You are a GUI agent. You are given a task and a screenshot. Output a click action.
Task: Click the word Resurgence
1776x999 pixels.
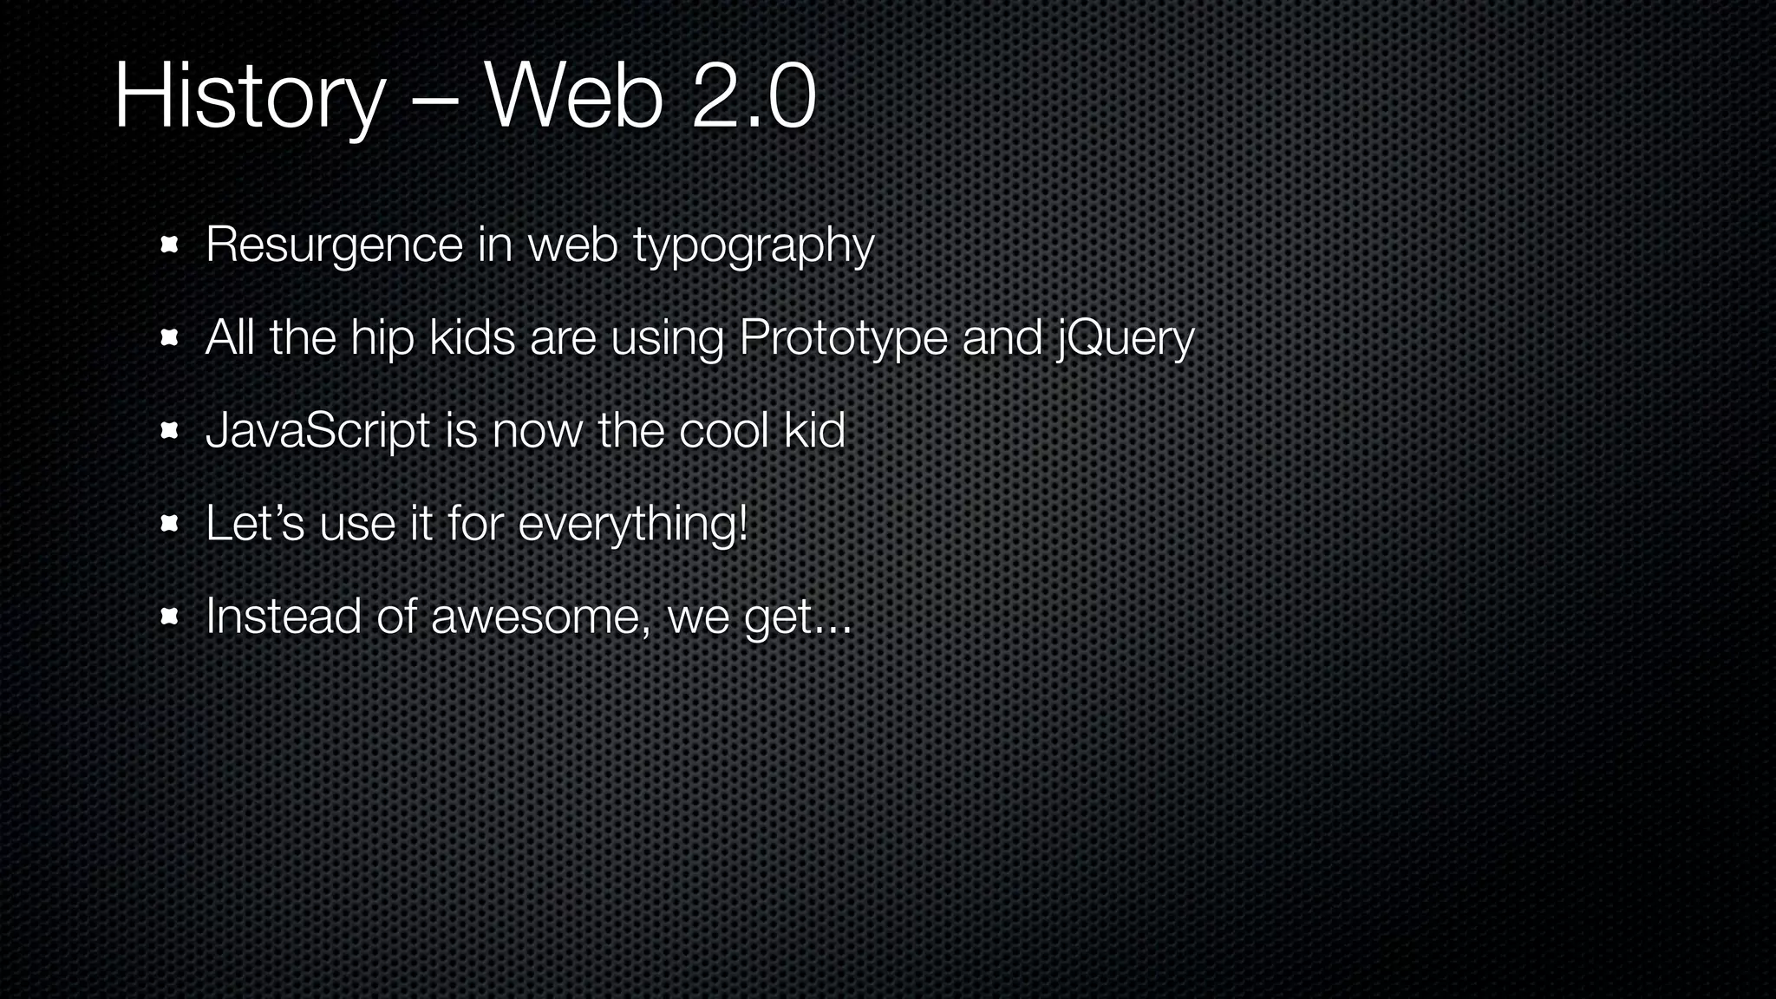click(x=335, y=245)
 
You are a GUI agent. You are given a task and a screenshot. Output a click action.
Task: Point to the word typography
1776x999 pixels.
click(x=753, y=245)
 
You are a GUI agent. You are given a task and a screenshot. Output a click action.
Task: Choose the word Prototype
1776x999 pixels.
click(x=843, y=337)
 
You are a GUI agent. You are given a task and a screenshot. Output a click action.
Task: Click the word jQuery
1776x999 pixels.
click(x=1125, y=338)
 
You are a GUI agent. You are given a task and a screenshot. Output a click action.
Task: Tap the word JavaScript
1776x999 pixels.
click(x=317, y=431)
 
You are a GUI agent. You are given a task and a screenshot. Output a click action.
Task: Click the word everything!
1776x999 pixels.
click(x=632, y=525)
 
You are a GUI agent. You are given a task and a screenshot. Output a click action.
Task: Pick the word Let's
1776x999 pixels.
click(x=255, y=524)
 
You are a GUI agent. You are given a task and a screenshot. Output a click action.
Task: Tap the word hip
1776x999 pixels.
click(x=382, y=338)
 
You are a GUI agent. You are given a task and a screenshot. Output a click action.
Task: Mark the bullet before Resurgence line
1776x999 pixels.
click(x=169, y=245)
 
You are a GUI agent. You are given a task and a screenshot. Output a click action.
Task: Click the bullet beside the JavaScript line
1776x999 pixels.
click(x=169, y=431)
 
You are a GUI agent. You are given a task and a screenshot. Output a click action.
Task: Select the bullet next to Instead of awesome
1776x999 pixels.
click(x=169, y=617)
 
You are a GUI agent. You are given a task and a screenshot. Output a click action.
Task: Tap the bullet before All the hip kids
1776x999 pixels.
click(x=169, y=338)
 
